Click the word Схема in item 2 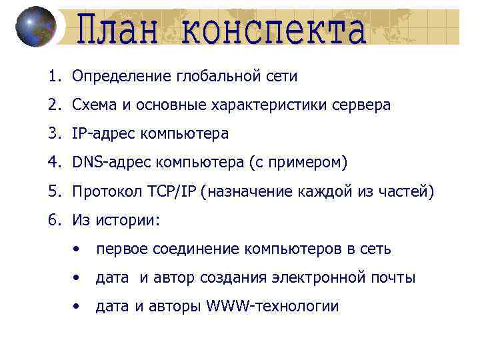[x=93, y=105]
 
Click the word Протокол [x=103, y=192]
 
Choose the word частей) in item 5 [x=408, y=192]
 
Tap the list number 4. [x=53, y=163]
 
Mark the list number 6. [x=53, y=221]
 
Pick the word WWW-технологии [x=273, y=307]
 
